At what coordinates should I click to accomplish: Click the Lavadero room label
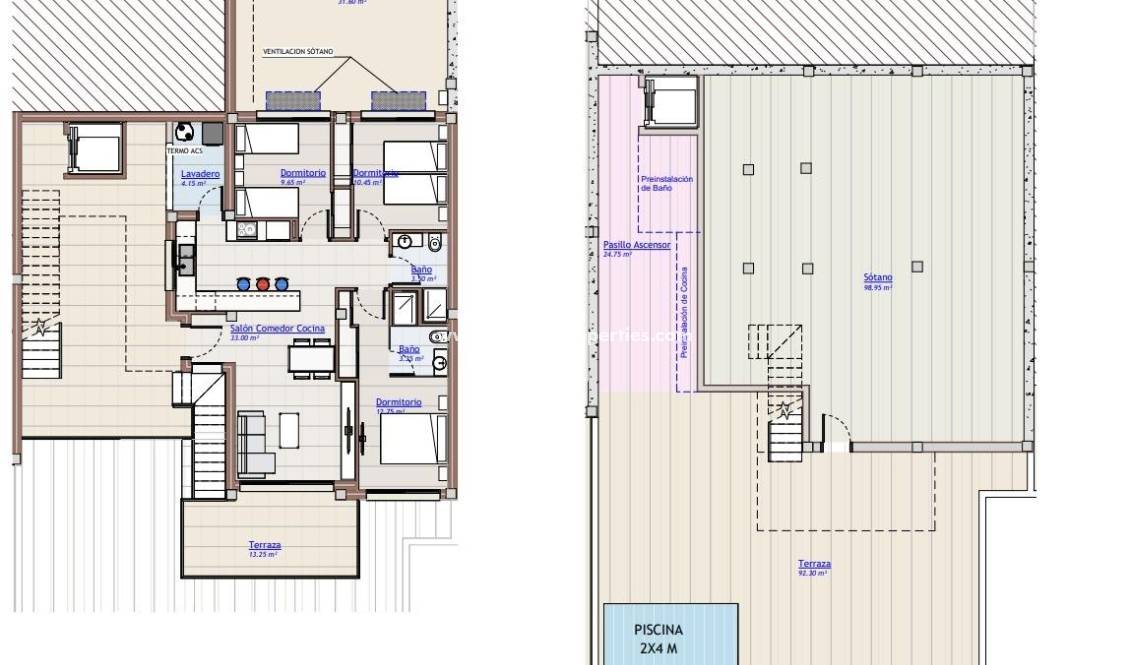point(201,174)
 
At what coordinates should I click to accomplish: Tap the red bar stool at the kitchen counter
point(263,283)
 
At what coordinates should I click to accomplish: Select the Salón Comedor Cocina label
point(277,329)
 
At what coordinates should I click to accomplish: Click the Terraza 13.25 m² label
point(265,546)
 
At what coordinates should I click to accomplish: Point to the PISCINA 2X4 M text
point(659,638)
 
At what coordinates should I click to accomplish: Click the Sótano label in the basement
point(878,278)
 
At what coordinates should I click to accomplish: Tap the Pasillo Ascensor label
point(637,245)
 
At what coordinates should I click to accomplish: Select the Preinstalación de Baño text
point(666,183)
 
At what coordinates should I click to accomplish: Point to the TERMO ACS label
point(183,151)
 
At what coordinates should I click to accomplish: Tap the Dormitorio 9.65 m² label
point(303,173)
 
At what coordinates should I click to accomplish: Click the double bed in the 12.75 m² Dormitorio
point(413,438)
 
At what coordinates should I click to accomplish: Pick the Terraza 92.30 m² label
point(814,565)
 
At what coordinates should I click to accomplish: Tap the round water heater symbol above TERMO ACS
point(184,131)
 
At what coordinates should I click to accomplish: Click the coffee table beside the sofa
point(289,430)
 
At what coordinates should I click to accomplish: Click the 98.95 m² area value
point(878,288)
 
